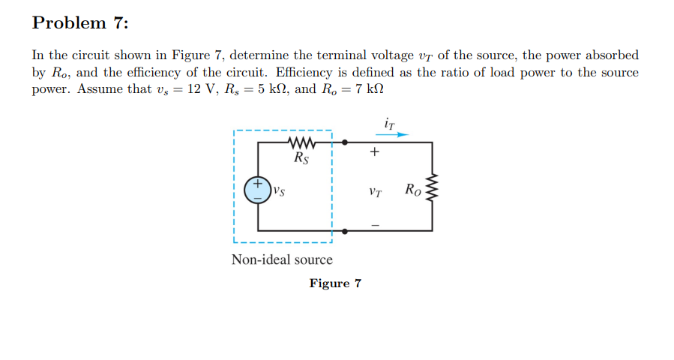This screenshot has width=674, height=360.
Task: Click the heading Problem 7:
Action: click(x=80, y=23)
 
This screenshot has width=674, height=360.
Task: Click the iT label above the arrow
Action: click(x=388, y=121)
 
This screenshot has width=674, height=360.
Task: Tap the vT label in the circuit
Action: click(x=376, y=192)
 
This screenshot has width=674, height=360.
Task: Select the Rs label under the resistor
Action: click(x=300, y=158)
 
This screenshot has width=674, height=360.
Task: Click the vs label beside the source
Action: click(x=280, y=190)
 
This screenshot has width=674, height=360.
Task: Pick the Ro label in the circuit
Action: click(x=412, y=189)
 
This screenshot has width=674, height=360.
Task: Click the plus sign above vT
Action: click(x=376, y=153)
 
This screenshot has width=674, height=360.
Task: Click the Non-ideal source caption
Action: click(x=282, y=260)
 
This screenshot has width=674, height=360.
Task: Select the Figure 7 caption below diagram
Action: click(x=335, y=283)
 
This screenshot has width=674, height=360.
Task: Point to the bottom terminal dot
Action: click(x=345, y=229)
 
